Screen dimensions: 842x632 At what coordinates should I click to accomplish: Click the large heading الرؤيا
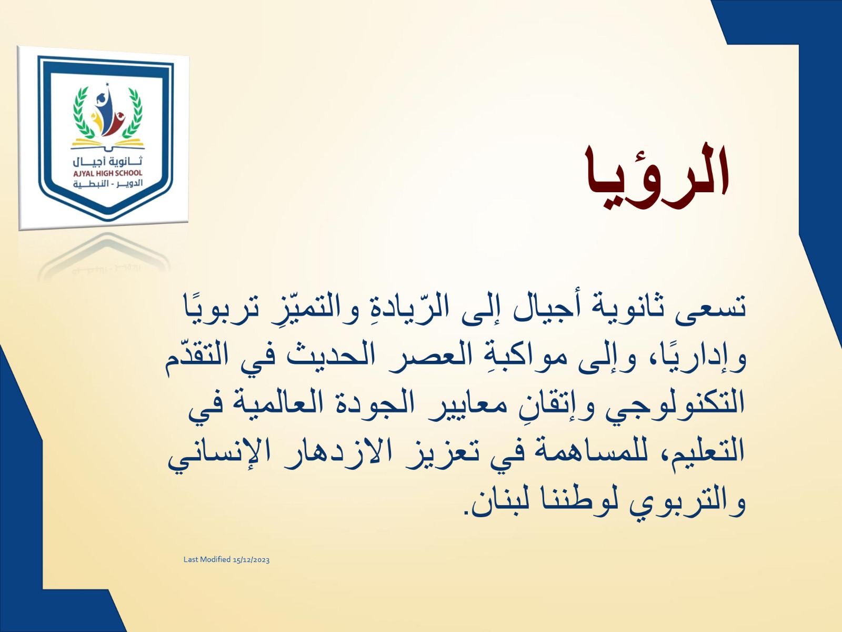(x=657, y=176)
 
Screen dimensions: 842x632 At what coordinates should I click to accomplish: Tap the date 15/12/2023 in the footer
(x=251, y=560)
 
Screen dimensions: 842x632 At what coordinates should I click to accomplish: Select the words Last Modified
(x=207, y=559)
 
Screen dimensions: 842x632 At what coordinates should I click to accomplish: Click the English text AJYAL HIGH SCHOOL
(x=108, y=173)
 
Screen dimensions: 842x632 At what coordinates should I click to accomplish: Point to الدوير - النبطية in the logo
(x=108, y=183)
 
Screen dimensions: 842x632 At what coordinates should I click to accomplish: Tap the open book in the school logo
(x=108, y=144)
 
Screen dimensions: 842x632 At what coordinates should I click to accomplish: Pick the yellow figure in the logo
(x=96, y=123)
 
